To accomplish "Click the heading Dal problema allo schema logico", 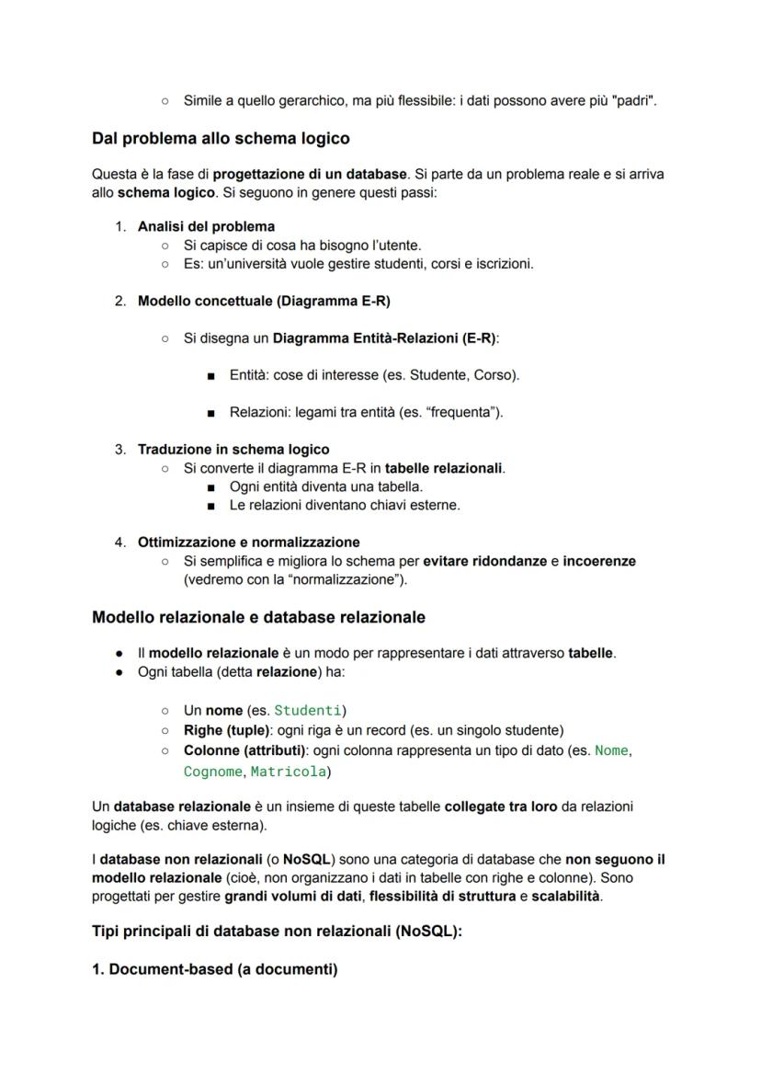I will (x=221, y=139).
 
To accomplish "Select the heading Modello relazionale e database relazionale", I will (x=258, y=617).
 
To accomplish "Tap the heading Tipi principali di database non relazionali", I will (x=277, y=931).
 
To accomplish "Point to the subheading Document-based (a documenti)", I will (x=214, y=969).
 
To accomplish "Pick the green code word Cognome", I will (x=213, y=772).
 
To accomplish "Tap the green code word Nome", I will (x=611, y=750).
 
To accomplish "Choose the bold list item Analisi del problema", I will (x=206, y=226).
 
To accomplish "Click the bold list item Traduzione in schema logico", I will (x=233, y=450).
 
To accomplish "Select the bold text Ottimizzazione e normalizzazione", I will (x=248, y=542).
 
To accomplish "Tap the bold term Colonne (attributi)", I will (x=244, y=750).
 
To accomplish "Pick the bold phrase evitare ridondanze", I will (x=484, y=561).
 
